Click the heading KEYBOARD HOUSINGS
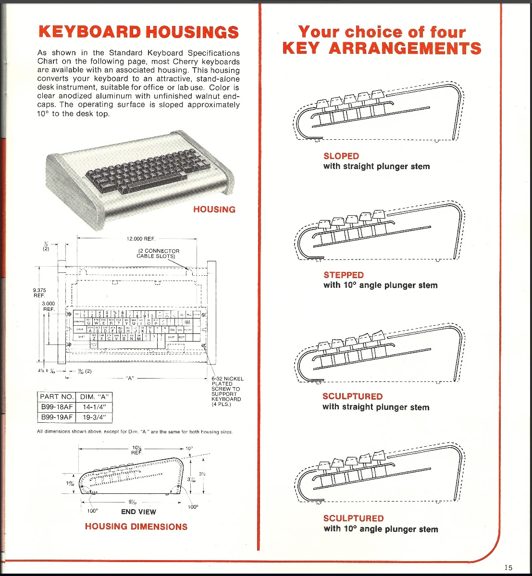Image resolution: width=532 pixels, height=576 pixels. click(x=138, y=32)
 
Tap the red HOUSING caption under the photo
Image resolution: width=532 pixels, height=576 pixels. click(x=214, y=209)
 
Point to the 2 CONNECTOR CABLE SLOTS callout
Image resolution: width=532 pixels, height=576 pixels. click(x=159, y=253)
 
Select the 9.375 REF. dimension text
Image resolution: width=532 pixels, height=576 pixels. click(x=39, y=293)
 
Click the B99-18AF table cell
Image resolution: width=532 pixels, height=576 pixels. click(x=57, y=407)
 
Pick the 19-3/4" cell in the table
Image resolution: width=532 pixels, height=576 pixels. click(x=94, y=417)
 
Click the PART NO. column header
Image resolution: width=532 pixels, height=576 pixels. click(x=57, y=397)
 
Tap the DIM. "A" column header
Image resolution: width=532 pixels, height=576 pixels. click(x=94, y=397)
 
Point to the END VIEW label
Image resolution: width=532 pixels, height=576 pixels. click(x=138, y=512)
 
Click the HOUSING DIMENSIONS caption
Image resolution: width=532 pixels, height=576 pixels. click(x=136, y=527)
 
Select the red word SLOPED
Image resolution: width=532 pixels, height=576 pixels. click(x=341, y=156)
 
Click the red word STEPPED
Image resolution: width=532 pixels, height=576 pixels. click(x=344, y=275)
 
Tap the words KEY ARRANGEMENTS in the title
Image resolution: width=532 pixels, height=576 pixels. click(x=382, y=48)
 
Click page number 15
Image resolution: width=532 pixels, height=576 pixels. click(x=508, y=567)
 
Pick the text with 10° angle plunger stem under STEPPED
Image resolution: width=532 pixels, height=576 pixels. click(x=380, y=285)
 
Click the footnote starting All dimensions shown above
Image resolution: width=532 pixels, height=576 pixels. click(x=135, y=432)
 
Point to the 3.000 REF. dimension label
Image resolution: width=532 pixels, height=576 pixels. click(x=49, y=306)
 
